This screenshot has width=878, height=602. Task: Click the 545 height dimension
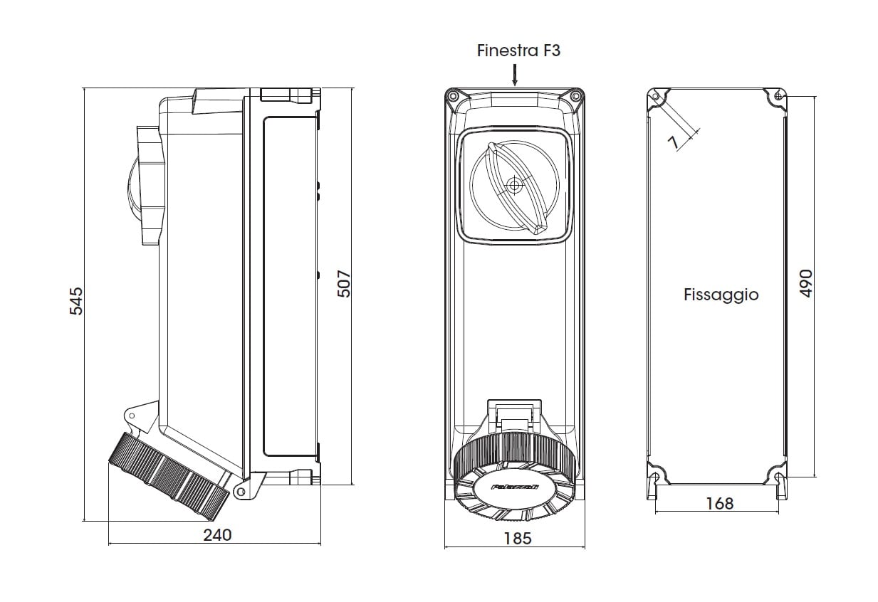click(x=76, y=301)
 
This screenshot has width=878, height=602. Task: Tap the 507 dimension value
click(x=343, y=284)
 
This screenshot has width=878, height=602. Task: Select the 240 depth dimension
click(x=217, y=534)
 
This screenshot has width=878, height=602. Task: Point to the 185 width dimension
click(x=517, y=538)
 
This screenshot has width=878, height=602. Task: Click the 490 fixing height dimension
click(x=806, y=284)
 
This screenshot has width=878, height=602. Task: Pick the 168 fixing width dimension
click(x=719, y=503)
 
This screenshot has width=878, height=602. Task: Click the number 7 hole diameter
click(x=673, y=142)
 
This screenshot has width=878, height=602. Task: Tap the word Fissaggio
click(x=721, y=295)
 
